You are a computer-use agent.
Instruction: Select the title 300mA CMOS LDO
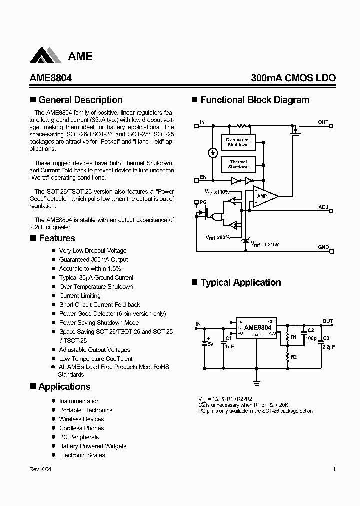coord(293,78)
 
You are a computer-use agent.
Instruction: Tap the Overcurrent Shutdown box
coord(238,142)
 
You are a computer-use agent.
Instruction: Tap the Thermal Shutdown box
coord(238,164)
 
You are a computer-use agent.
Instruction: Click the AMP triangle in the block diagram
coord(264,196)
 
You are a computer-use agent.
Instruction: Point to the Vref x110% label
coord(217,192)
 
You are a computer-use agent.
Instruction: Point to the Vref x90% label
coord(217,237)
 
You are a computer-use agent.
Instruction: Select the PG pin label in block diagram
coord(203,202)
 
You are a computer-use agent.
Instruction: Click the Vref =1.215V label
coord(265,244)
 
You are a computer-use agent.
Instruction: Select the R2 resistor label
coord(294,357)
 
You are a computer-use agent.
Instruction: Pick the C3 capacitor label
coord(326,338)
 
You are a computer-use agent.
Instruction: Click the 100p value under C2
coord(310,338)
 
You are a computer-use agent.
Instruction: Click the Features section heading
coord(57,238)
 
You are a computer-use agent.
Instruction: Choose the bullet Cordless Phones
coord(81,428)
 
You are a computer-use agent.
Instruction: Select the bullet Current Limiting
coord(80,295)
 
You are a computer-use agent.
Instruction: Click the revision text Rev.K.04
coord(40,469)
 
